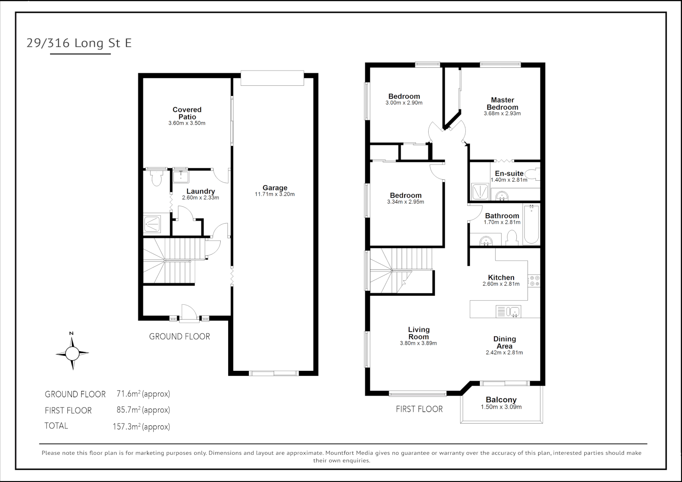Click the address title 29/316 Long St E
point(79,43)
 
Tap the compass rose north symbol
point(72,353)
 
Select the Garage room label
point(275,188)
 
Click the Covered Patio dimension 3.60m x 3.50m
point(187,123)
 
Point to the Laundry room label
point(201,191)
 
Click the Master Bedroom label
point(502,104)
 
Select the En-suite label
point(509,174)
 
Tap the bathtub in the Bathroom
point(531,224)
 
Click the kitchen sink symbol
point(508,311)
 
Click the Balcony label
point(501,400)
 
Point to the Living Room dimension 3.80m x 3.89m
point(418,343)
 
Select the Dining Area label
point(504,342)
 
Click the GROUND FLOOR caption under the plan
point(179,337)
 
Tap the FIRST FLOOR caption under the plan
point(419,409)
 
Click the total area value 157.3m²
point(141,427)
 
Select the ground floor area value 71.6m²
point(143,394)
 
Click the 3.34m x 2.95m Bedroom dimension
point(406,202)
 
